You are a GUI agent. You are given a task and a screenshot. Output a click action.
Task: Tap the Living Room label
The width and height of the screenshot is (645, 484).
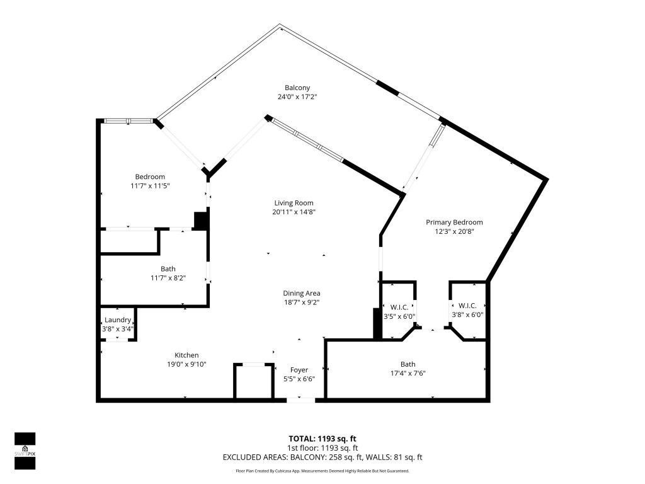click(294, 203)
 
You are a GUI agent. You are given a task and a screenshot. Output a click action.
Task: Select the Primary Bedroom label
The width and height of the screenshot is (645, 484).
click(454, 222)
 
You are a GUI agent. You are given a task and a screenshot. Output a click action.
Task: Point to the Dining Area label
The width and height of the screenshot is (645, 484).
click(301, 293)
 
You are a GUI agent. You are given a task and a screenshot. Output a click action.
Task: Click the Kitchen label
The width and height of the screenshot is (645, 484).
click(186, 355)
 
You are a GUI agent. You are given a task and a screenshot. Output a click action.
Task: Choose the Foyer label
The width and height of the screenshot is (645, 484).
click(299, 370)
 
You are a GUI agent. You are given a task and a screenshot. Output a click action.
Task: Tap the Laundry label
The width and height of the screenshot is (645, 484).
click(118, 320)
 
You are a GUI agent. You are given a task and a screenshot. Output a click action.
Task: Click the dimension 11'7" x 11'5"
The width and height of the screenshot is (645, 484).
click(150, 186)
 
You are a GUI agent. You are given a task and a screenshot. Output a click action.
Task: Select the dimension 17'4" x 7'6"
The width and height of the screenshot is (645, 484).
click(408, 373)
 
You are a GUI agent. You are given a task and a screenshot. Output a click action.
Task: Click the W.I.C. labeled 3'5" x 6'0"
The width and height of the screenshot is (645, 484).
click(399, 307)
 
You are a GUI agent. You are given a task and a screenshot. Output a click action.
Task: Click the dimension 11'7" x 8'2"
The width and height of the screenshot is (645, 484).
click(168, 278)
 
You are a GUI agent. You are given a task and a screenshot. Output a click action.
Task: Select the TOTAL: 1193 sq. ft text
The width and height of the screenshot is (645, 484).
click(322, 439)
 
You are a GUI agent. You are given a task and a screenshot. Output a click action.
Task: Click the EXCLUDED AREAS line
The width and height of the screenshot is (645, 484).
click(322, 457)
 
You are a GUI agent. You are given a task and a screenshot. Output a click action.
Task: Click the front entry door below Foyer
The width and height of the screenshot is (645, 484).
click(300, 399)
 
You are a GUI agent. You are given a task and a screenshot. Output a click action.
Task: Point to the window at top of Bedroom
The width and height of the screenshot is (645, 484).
click(128, 120)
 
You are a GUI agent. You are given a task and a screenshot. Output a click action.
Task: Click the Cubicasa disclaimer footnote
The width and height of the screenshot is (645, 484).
click(322, 471)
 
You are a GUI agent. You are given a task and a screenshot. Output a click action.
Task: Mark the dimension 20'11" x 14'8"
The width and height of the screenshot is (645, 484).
click(294, 212)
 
